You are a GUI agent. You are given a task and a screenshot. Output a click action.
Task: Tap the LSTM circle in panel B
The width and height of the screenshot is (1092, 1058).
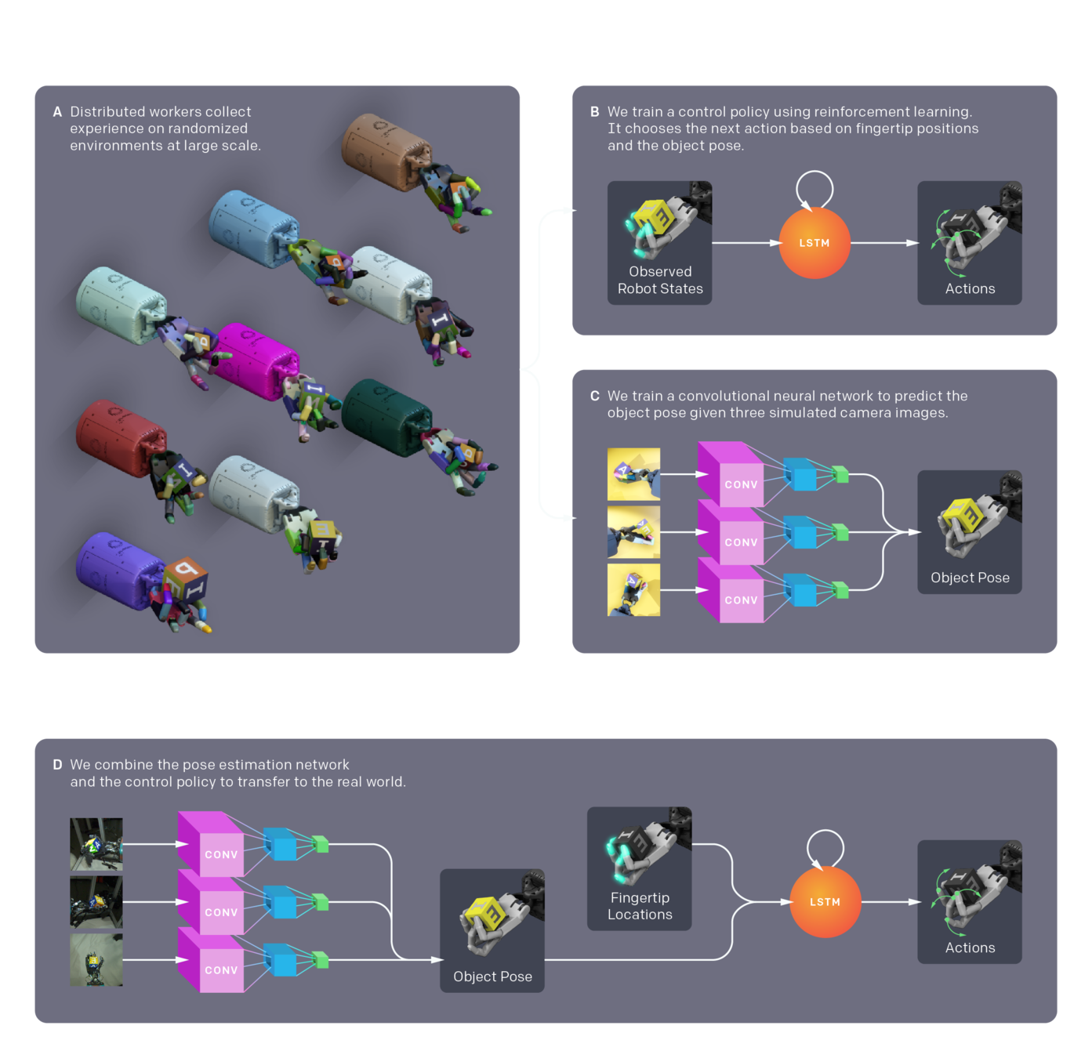tap(814, 243)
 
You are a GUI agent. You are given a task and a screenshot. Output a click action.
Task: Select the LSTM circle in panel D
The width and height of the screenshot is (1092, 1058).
tap(825, 902)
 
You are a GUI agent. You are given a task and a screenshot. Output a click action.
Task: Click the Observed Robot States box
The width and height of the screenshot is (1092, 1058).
tap(659, 243)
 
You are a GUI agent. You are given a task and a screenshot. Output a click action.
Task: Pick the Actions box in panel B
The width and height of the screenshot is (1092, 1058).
tap(970, 243)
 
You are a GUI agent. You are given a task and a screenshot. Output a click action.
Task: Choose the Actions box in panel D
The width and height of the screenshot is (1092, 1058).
tap(970, 902)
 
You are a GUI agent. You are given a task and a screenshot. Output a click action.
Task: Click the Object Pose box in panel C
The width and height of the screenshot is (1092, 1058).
tap(970, 532)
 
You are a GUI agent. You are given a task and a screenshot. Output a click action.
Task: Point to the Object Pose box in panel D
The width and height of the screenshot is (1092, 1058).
tap(492, 931)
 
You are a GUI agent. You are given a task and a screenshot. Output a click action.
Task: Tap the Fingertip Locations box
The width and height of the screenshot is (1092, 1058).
tap(639, 868)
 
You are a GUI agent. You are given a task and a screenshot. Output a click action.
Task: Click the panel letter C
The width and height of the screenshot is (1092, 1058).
tap(595, 397)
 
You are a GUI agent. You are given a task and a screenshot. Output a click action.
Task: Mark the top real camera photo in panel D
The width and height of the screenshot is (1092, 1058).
tap(96, 844)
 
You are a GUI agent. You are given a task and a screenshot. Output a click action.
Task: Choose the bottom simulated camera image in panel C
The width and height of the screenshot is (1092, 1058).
tap(633, 590)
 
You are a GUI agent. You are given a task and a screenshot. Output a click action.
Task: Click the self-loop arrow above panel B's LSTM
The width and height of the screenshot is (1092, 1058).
tap(814, 188)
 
